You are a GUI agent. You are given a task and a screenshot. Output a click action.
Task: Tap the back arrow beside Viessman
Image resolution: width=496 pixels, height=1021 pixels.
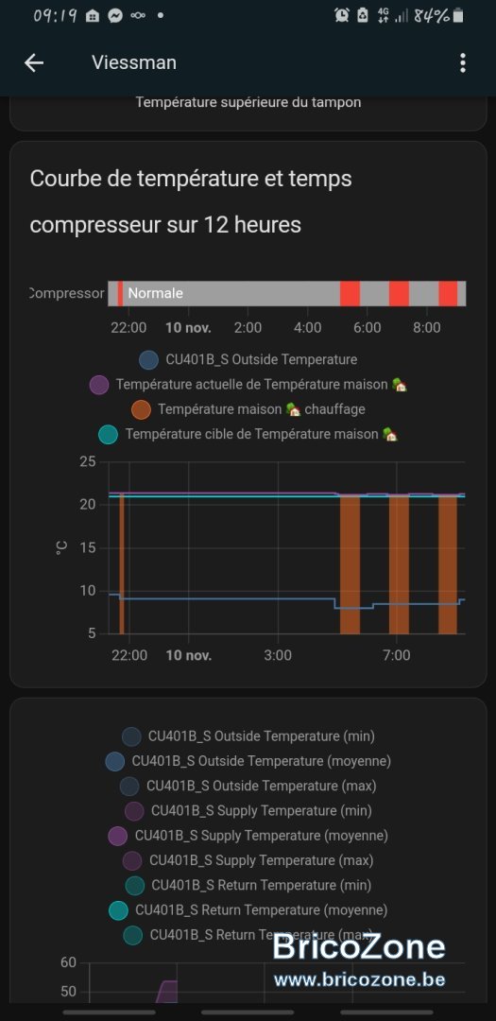[x=34, y=62]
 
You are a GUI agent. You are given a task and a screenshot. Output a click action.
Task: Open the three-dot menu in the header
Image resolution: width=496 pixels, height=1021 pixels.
[x=463, y=62]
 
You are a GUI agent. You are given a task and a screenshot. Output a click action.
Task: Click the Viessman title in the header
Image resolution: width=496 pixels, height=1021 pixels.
[x=134, y=62]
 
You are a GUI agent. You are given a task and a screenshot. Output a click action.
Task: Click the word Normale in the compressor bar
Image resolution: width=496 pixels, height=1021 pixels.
[x=156, y=293]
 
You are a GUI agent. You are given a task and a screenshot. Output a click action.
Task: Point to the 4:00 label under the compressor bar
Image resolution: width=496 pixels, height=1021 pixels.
[x=307, y=327]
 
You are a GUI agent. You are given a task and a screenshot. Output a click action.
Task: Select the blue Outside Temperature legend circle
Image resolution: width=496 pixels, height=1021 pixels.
[x=149, y=359]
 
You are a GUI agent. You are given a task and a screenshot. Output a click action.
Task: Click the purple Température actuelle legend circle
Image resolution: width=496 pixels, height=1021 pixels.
[x=99, y=385]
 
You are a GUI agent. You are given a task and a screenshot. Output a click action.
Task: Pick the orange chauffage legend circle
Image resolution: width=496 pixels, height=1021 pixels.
[x=142, y=409]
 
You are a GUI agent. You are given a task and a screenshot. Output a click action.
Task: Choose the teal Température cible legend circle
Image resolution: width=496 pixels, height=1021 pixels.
[x=108, y=434]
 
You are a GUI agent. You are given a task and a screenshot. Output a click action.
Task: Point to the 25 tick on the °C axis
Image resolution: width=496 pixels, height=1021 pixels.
[x=88, y=462]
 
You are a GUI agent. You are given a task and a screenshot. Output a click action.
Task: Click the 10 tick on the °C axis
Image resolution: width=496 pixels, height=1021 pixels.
[x=88, y=591]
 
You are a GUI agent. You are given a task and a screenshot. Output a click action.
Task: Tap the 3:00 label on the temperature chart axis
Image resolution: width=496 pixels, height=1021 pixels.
[x=278, y=654]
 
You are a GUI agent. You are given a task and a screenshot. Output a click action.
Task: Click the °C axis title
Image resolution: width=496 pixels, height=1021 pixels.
[x=61, y=547]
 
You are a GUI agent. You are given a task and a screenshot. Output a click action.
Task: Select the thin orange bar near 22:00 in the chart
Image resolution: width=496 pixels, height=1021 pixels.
[x=122, y=563]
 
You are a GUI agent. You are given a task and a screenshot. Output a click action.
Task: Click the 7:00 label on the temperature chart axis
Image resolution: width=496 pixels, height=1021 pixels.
[x=397, y=654]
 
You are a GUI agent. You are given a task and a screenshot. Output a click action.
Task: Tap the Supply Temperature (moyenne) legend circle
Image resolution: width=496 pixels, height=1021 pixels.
[x=118, y=836]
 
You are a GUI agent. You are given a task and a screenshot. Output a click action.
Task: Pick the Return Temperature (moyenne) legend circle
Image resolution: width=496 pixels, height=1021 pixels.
[x=118, y=909]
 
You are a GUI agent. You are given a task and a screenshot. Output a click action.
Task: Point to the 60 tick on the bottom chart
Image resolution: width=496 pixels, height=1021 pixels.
[x=68, y=962]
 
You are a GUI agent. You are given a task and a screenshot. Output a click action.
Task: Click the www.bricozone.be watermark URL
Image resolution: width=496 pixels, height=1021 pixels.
[x=359, y=978]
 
